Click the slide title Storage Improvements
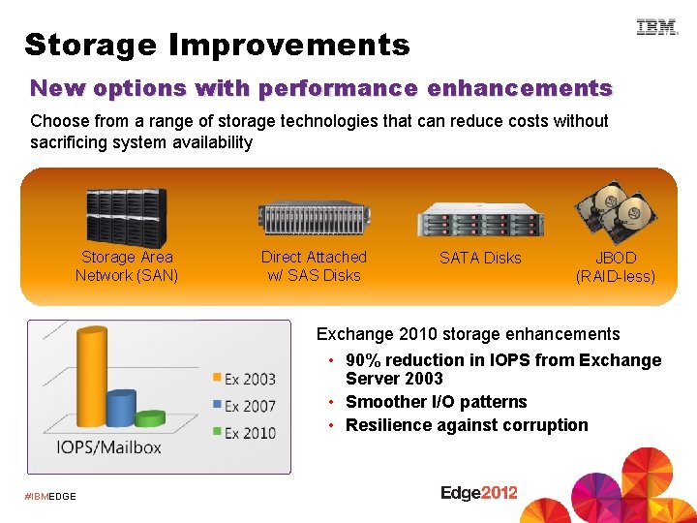pos(217,45)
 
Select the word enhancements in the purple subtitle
pos(520,88)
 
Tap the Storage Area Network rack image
pos(126,215)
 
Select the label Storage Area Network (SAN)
pos(127,266)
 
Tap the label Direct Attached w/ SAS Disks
pos(314,266)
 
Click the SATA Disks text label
pos(480,258)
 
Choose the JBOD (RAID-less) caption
pos(616,267)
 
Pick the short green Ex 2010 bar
pos(150,418)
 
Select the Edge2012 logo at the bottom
pos(479,493)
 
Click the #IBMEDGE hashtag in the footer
pos(50,497)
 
